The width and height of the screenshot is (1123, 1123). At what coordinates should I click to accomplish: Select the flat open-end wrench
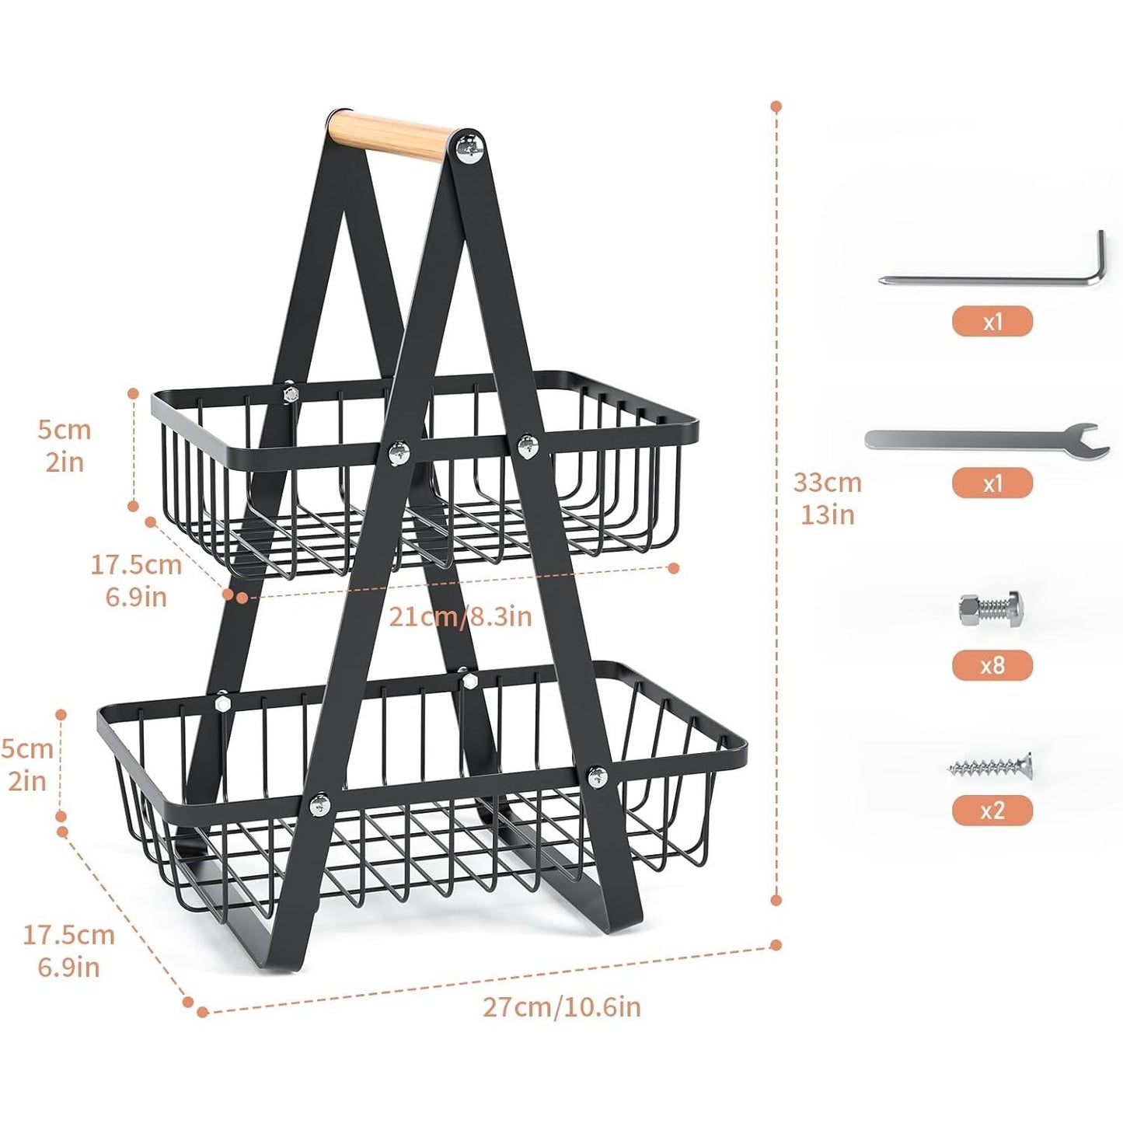point(987,438)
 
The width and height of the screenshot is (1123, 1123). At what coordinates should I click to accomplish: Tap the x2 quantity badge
point(992,811)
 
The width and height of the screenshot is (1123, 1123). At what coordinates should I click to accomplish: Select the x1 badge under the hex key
point(992,320)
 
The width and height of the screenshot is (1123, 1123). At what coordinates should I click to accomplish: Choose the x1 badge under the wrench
point(992,483)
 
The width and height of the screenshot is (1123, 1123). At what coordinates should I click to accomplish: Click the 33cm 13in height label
point(827,498)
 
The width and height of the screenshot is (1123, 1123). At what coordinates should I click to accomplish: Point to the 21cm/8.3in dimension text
point(460,616)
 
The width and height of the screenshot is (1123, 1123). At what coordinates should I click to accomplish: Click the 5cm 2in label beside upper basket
point(64,446)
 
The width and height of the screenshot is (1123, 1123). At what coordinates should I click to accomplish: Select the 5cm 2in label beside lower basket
point(27,765)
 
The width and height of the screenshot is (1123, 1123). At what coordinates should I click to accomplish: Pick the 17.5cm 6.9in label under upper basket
point(136,581)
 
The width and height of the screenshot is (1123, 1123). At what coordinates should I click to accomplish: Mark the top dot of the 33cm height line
point(776,106)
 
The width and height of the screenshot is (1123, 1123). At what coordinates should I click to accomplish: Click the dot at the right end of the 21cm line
point(675,567)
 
